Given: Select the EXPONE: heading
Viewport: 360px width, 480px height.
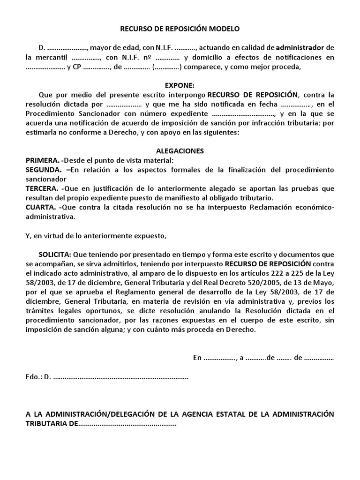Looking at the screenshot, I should coord(180,86).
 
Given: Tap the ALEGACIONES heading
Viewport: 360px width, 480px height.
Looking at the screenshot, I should coord(180,151).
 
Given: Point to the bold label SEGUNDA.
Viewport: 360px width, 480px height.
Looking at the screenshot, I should coord(43,170).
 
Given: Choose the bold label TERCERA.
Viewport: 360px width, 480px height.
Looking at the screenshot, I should coord(42,188).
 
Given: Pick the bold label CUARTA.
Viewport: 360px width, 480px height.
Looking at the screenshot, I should coord(41,207).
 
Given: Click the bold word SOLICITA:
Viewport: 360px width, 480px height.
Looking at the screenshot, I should coord(55,254).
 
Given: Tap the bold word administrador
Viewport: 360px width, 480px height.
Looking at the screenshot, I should coord(300,48).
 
